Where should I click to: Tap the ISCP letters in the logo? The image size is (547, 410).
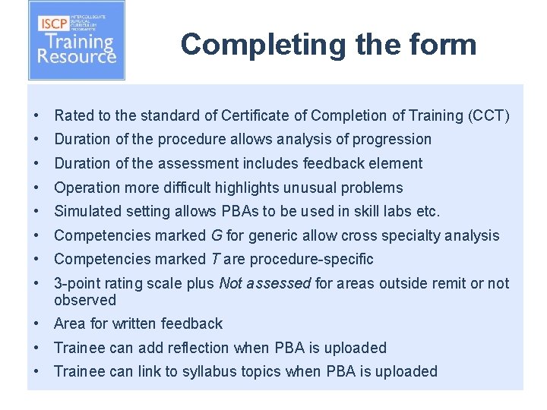(55, 23)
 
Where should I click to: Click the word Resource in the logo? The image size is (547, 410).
(77, 55)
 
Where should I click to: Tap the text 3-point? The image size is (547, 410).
(76, 283)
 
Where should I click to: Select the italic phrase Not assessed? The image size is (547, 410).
(264, 283)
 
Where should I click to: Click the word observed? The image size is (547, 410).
(84, 300)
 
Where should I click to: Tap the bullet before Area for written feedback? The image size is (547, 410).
(36, 323)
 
